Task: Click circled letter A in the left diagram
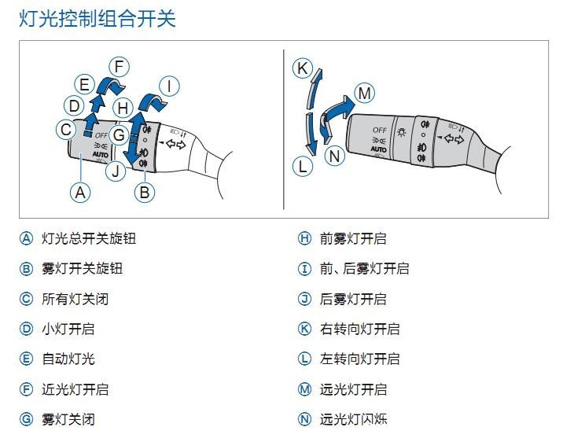click(79, 191)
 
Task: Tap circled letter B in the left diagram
click(145, 191)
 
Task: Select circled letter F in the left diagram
click(118, 67)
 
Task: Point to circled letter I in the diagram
click(169, 86)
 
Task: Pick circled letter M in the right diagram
click(364, 93)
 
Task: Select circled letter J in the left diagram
click(116, 170)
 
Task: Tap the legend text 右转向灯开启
click(359, 329)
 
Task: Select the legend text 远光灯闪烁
click(353, 419)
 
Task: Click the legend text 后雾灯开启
click(353, 299)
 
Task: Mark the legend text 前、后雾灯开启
click(364, 268)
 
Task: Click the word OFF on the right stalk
click(380, 129)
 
